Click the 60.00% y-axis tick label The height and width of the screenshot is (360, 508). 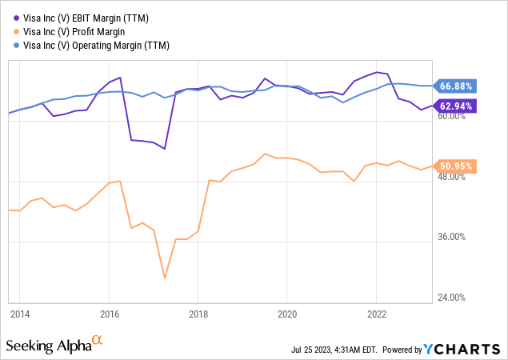453,116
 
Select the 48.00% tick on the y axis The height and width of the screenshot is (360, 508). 453,177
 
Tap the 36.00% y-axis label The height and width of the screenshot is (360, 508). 453,238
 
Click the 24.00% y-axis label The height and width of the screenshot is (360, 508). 453,298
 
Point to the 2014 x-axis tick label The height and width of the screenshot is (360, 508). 21,313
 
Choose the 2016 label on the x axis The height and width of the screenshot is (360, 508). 110,313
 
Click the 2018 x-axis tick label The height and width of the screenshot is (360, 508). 198,313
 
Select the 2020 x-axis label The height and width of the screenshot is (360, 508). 287,313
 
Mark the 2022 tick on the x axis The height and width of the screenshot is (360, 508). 376,313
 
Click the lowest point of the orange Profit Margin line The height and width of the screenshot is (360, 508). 165,278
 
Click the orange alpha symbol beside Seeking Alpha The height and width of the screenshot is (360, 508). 98,342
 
